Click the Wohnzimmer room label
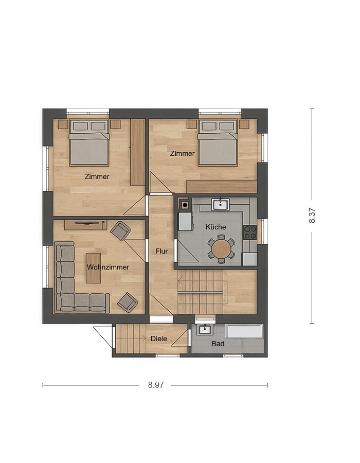tap(108, 267)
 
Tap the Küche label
tap(215, 227)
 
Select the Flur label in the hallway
tap(161, 251)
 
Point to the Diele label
tap(159, 339)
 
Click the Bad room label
tap(218, 344)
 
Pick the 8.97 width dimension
tap(155, 385)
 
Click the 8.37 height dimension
tap(312, 216)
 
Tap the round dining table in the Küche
tap(221, 248)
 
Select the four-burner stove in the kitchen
tap(249, 233)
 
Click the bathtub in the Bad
tap(244, 332)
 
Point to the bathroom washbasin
tap(205, 329)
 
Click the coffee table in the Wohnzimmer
tap(94, 268)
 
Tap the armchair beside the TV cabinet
tap(120, 230)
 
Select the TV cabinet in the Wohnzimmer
tap(85, 225)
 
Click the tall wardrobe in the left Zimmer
tap(137, 152)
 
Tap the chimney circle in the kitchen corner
tap(185, 204)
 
